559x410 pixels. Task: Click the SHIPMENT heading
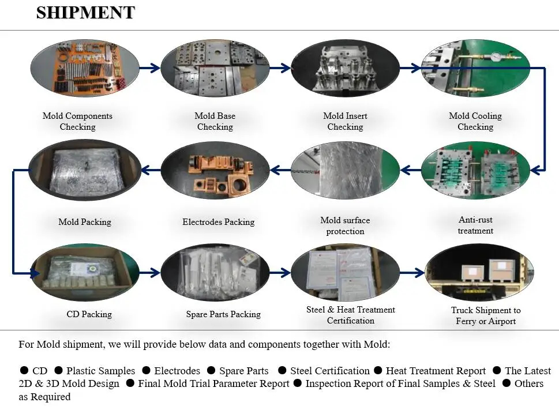pos(85,12)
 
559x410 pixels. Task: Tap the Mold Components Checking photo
pos(84,67)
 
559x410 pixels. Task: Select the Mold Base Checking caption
pos(215,121)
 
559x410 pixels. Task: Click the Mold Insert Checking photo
pos(345,67)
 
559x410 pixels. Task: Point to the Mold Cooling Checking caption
pos(475,121)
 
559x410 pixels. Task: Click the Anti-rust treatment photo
pos(475,170)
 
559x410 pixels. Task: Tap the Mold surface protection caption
pos(345,225)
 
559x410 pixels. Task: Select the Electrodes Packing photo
pos(215,170)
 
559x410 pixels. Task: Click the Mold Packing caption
pos(85,222)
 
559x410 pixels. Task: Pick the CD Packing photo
pos(84,272)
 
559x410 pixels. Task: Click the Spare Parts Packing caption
pos(223,314)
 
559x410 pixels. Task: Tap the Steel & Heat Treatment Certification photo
pos(345,272)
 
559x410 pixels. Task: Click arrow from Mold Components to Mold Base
pos(149,68)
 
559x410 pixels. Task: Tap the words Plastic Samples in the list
pos(100,371)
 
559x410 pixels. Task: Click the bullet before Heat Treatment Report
pos(378,371)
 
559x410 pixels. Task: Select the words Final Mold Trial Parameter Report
pos(213,383)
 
